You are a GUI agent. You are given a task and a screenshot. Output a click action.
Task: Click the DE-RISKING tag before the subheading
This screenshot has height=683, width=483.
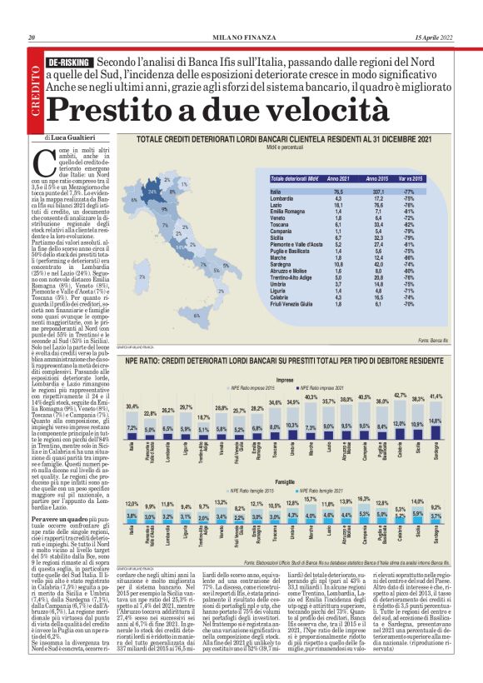(x=69, y=63)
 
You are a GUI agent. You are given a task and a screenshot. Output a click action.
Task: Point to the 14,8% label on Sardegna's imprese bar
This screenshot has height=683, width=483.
(x=436, y=421)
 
